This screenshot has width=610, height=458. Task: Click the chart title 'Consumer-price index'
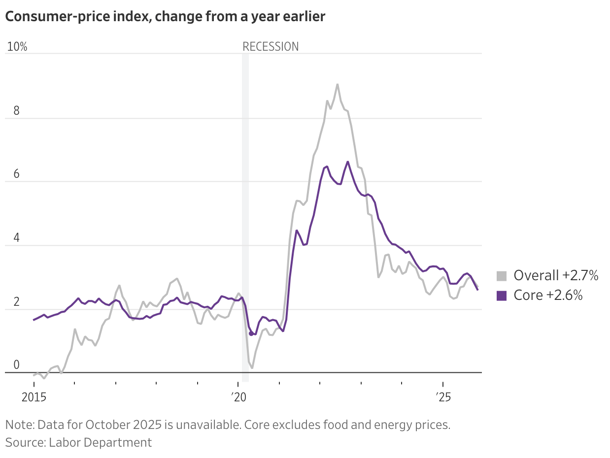tap(165, 16)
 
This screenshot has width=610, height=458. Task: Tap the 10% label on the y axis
tap(17, 47)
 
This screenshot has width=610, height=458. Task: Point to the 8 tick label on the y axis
tap(16, 110)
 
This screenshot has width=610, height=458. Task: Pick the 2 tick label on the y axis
tap(16, 301)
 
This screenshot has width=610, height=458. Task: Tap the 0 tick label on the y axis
tap(16, 365)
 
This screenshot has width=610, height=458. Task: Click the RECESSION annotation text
tap(271, 47)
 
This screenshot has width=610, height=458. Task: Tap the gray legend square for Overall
tap(502, 276)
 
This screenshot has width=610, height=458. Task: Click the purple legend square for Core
tap(502, 295)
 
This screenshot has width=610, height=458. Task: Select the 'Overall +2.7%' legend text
tap(556, 276)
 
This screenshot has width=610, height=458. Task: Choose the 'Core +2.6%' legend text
tap(548, 295)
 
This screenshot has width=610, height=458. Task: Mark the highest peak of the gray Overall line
tap(337, 84)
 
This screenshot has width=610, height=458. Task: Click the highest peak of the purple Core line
tap(348, 162)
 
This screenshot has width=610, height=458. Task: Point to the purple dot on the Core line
tap(251, 333)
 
